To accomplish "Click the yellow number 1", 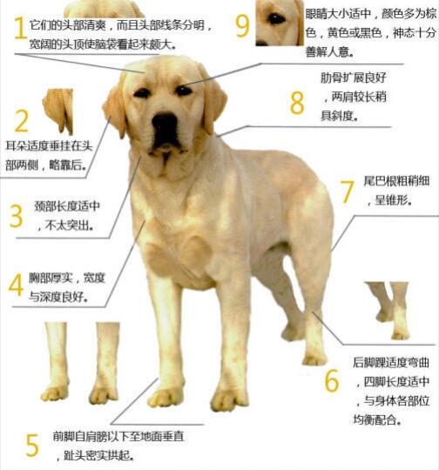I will [x=17, y=29].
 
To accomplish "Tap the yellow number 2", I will [x=21, y=121].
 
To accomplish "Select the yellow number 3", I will [x=16, y=215].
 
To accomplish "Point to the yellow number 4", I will [x=16, y=285].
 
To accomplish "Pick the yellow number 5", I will [x=31, y=445].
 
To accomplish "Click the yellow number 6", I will [x=331, y=379].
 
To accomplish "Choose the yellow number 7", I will [x=347, y=191].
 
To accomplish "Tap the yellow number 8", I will [x=297, y=102].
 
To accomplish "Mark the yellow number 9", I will [x=242, y=23].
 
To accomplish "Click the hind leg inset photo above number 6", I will [x=387, y=310].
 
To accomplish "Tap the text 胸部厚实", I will [x=53, y=278].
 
